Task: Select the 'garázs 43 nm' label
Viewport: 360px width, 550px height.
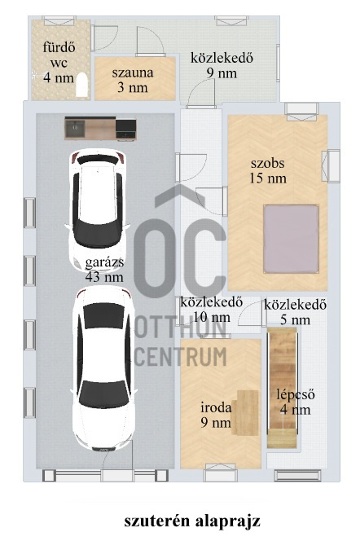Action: (x=103, y=270)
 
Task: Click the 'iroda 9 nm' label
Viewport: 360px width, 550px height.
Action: (x=217, y=415)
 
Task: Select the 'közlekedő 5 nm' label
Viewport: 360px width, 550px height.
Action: (x=295, y=313)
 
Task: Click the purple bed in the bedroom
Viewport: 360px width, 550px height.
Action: (x=291, y=237)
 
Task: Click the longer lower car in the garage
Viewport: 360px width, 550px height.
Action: (x=103, y=371)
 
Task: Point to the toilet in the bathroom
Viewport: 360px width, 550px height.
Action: (x=81, y=85)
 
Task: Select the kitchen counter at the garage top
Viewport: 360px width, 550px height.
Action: (x=101, y=128)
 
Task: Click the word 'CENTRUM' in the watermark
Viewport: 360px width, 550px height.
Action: (x=180, y=355)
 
